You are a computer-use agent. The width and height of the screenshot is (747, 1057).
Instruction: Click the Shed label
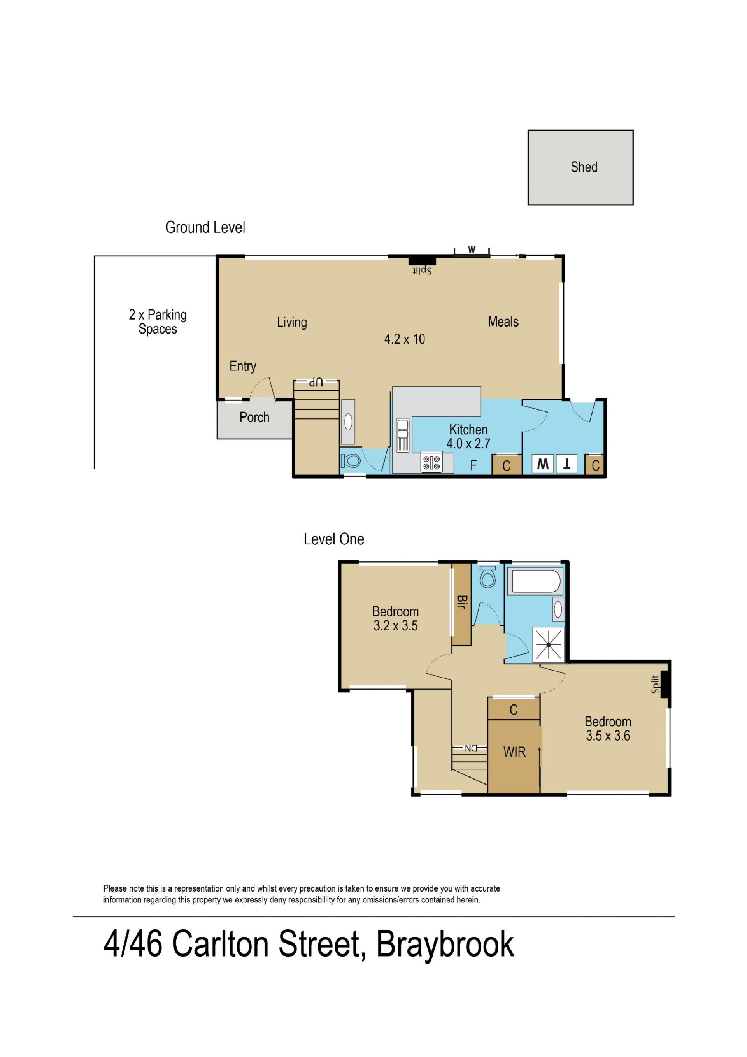click(584, 167)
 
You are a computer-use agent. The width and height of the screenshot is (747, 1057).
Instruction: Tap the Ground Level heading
click(205, 227)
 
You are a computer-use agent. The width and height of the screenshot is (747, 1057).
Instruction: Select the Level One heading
click(334, 539)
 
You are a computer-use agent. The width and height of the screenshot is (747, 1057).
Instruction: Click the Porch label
click(254, 417)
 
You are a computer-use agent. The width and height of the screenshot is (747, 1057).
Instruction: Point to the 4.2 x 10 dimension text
click(405, 339)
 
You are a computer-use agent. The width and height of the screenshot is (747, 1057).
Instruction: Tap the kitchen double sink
click(403, 435)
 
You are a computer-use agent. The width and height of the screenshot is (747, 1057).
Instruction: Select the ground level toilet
click(351, 461)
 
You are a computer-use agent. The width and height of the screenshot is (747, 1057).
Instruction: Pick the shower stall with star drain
click(549, 644)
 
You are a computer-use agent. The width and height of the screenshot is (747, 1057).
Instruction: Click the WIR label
click(514, 752)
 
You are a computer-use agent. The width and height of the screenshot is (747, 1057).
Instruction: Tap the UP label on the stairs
click(316, 383)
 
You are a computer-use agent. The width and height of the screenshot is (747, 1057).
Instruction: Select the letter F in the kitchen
click(473, 465)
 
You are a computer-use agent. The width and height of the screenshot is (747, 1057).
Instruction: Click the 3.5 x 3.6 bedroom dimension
click(608, 736)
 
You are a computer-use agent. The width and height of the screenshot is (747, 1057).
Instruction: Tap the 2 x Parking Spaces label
click(158, 321)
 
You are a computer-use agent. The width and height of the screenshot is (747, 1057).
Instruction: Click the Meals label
click(503, 321)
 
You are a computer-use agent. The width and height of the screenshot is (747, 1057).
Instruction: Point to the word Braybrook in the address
click(445, 944)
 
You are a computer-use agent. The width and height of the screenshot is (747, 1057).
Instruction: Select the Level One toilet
click(487, 577)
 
